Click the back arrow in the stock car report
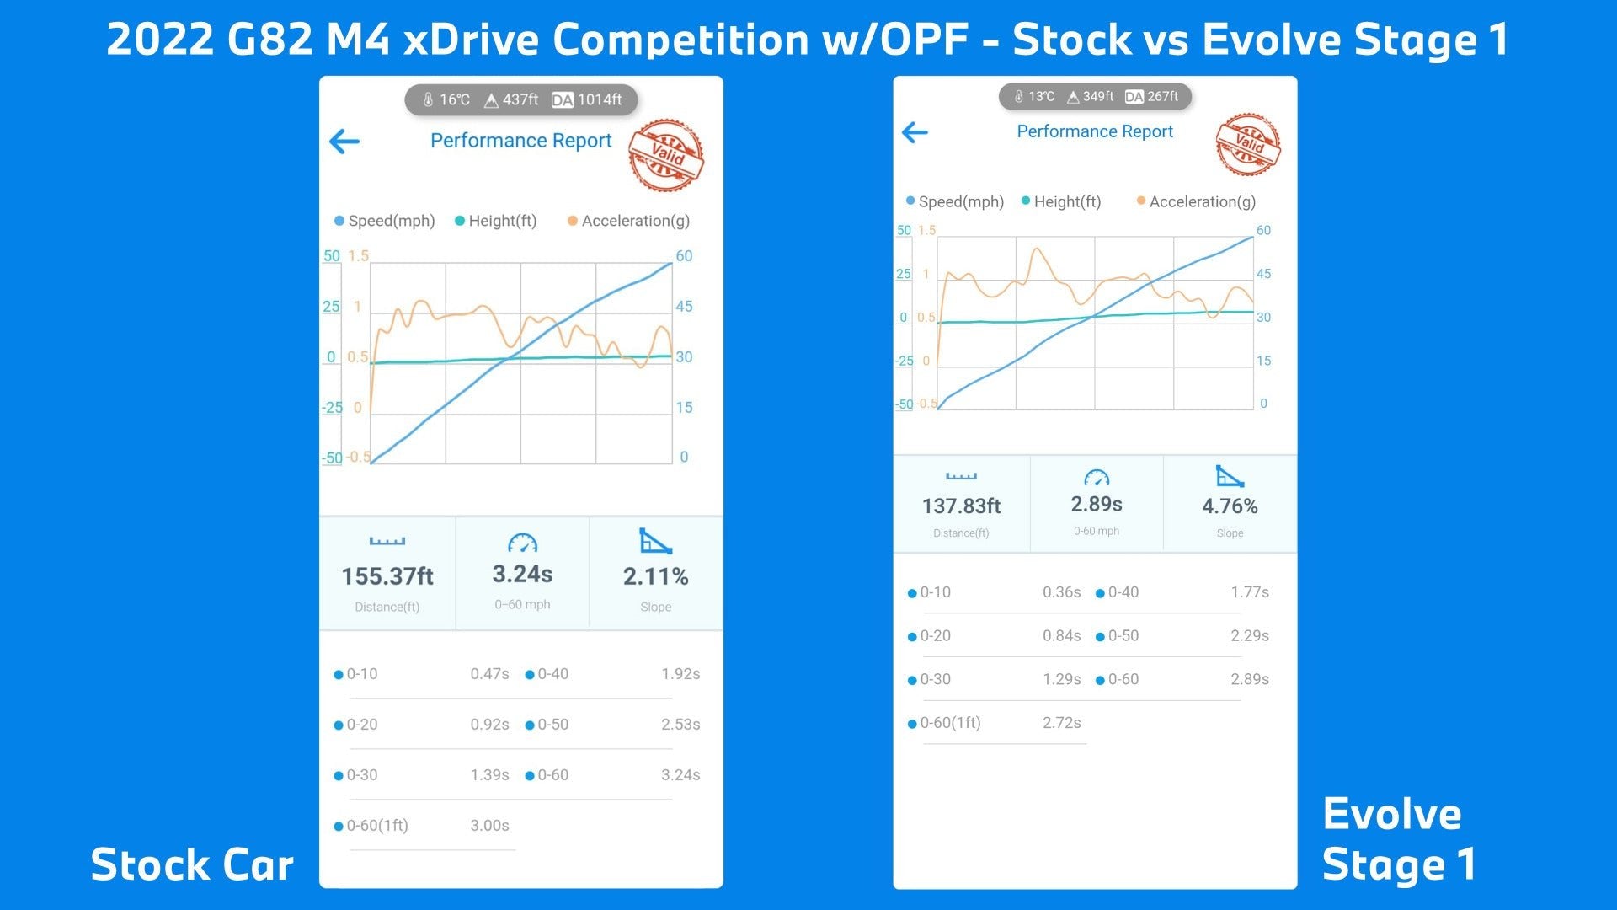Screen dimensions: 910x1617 tap(344, 142)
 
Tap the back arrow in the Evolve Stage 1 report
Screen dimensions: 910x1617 tap(915, 132)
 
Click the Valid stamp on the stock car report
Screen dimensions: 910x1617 tap(666, 155)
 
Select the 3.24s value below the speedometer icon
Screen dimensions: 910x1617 tap(522, 574)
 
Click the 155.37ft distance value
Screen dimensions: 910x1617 tap(387, 576)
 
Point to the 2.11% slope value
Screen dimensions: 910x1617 tap(655, 576)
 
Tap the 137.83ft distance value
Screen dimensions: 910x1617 tap(961, 506)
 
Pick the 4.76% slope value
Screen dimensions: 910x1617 tap(1230, 506)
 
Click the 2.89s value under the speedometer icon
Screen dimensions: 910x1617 tap(1096, 504)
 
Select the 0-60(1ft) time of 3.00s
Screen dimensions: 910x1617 tap(489, 826)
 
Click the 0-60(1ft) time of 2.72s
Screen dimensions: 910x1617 tap(1061, 723)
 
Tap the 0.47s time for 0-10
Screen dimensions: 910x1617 tap(489, 674)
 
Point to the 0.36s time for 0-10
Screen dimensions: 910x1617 tap(1061, 592)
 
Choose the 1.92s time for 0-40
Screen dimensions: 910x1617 tap(680, 674)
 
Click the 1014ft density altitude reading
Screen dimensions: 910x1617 tap(599, 99)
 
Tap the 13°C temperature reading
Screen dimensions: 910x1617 tap(1041, 97)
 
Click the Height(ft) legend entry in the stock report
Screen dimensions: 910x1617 tap(496, 221)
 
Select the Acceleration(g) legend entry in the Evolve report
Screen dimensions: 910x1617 tap(1196, 201)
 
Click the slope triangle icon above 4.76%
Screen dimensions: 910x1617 tap(1230, 476)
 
